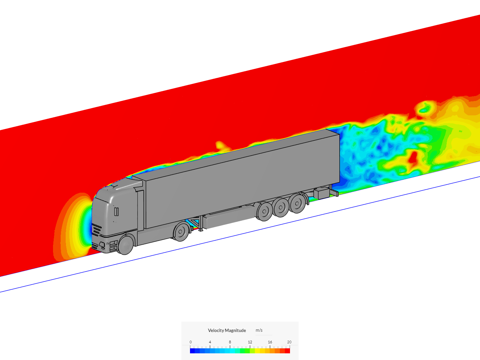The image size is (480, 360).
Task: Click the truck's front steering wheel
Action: point(126,245)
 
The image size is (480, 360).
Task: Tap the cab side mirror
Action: point(116,211)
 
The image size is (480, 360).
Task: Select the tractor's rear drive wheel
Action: point(181,232)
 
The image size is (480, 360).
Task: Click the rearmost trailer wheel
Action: point(297,203)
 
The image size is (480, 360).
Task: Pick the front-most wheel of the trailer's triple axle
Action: point(265,211)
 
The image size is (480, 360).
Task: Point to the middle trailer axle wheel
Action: point(281,207)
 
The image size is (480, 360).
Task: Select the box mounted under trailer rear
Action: point(322,193)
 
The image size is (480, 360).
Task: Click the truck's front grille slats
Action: point(97,230)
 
